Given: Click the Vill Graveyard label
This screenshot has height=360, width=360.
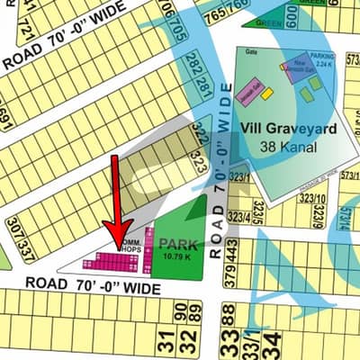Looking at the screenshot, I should click(x=288, y=130).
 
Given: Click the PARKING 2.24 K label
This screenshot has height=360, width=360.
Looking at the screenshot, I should click(x=321, y=60).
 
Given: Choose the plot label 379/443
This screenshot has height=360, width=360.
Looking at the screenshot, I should click(x=232, y=261).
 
